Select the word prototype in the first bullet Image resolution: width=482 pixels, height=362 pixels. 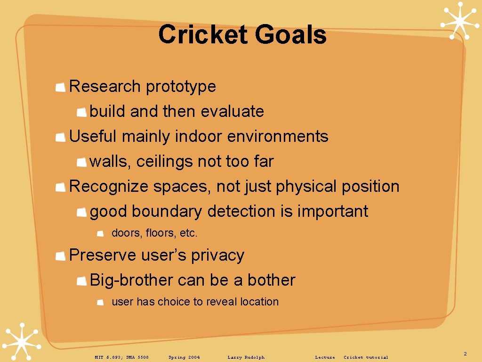click(181, 87)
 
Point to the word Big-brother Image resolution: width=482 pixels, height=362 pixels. click(131, 280)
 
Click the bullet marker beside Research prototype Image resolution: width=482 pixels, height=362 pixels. click(60, 87)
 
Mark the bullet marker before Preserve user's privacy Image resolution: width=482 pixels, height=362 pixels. click(60, 256)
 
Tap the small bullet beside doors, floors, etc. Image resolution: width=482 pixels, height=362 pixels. click(100, 233)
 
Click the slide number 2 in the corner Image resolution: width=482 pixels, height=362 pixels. click(465, 354)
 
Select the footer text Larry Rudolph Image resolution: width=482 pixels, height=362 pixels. click(246, 357)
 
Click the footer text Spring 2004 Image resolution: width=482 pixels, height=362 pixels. click(184, 357)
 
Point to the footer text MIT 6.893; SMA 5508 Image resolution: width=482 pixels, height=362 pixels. click(121, 357)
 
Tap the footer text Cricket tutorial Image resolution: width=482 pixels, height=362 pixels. click(366, 357)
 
